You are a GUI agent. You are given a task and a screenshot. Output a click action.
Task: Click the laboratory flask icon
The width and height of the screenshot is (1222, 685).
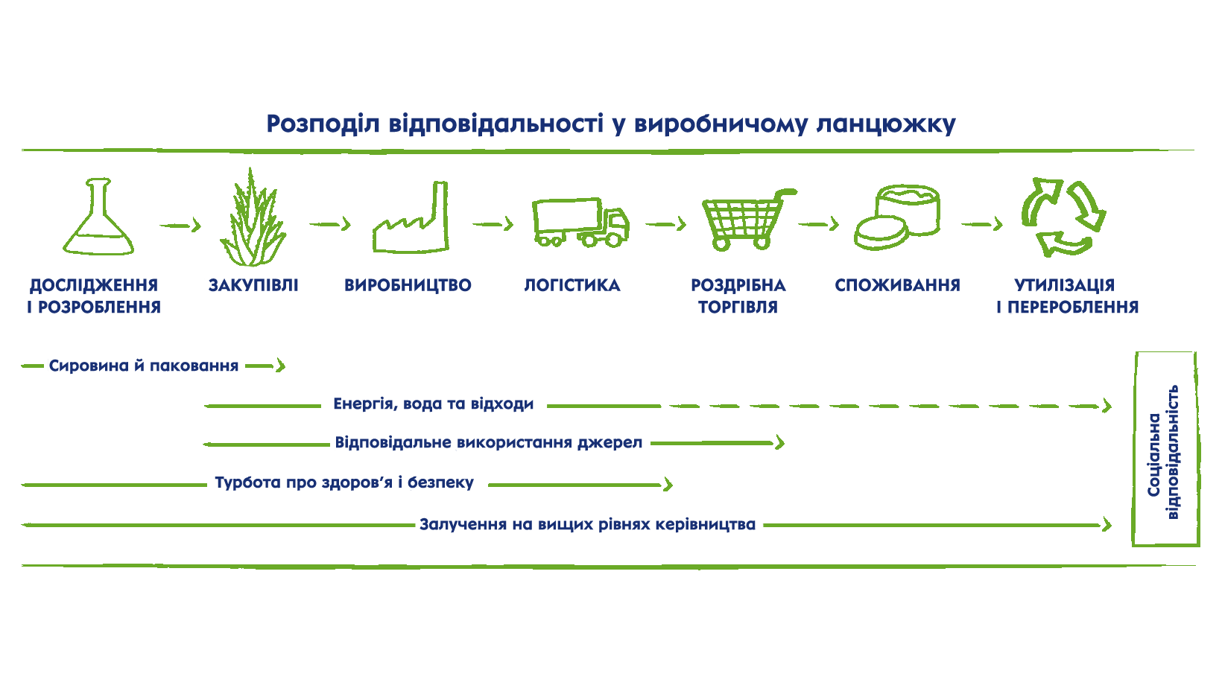98,220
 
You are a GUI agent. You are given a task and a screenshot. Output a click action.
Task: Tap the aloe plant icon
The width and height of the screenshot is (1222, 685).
253,220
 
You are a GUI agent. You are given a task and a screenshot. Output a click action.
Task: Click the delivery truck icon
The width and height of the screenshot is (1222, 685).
580,223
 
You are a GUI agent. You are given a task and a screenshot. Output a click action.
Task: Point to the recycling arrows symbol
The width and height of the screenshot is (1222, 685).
1063,217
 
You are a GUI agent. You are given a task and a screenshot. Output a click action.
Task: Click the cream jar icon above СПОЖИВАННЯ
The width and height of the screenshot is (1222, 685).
897,216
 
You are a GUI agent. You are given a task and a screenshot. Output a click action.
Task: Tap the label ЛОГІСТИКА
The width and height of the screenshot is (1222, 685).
572,285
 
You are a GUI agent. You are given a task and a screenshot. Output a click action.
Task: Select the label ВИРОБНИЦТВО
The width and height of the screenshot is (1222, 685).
408,285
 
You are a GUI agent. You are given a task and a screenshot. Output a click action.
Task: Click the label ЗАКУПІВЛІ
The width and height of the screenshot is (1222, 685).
253,285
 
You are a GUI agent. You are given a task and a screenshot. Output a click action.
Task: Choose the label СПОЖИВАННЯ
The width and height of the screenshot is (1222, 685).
897,285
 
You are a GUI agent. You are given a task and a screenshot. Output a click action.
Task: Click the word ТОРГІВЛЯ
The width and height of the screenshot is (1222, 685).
738,308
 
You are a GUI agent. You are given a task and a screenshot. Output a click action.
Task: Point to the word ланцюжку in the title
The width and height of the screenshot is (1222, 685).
886,124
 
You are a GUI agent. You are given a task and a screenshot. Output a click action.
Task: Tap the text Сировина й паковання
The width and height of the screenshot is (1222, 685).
144,366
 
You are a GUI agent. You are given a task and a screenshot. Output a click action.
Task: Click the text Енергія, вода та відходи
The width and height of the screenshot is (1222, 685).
433,404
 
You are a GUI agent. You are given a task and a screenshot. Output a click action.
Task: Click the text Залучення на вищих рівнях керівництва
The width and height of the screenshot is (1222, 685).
587,525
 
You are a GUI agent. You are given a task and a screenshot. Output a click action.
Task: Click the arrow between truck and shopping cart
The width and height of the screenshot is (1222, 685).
665,224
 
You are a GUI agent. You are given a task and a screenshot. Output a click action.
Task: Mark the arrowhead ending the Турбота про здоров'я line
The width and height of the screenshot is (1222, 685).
668,485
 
